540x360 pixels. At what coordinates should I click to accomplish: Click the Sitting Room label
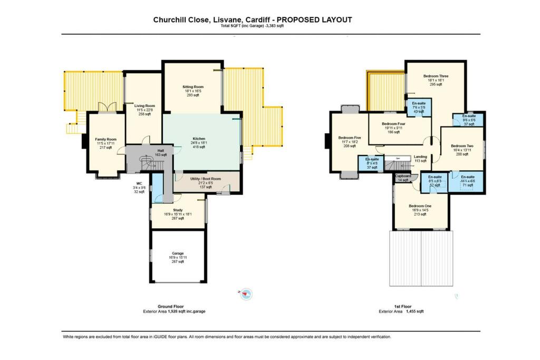point(193,87)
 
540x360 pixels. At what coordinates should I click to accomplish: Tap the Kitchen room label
point(198,139)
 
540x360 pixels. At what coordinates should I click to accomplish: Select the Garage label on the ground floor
point(177,253)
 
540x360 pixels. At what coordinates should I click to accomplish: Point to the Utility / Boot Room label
point(205,179)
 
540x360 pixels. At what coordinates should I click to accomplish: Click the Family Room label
point(106,139)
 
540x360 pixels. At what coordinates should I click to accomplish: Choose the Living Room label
point(144,106)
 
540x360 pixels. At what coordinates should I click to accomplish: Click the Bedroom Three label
point(436,76)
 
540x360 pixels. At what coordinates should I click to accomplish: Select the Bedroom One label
point(420,206)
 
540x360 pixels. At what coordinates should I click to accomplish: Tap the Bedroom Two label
point(462,146)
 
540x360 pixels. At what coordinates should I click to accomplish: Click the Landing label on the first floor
point(420,157)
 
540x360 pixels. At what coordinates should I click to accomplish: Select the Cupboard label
point(403,176)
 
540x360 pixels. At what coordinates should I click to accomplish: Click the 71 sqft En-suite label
point(467,177)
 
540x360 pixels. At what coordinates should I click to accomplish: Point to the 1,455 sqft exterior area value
point(414,312)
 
